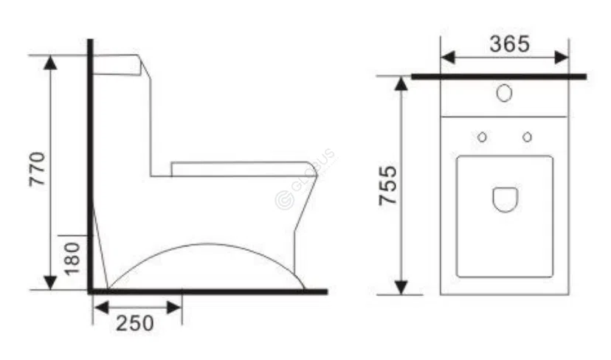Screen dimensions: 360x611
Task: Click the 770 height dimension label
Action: coord(38,169)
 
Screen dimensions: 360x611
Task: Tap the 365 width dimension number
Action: coord(509,44)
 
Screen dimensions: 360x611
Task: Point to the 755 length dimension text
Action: coord(388,186)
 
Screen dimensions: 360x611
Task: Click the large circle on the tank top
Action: coord(505,94)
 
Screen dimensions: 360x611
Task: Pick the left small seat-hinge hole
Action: coord(482,137)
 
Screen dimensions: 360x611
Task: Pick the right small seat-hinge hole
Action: coord(528,137)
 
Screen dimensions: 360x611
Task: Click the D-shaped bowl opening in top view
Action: coord(505,198)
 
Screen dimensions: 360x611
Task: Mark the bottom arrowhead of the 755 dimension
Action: coord(401,287)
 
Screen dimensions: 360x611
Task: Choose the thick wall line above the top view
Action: coord(499,76)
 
